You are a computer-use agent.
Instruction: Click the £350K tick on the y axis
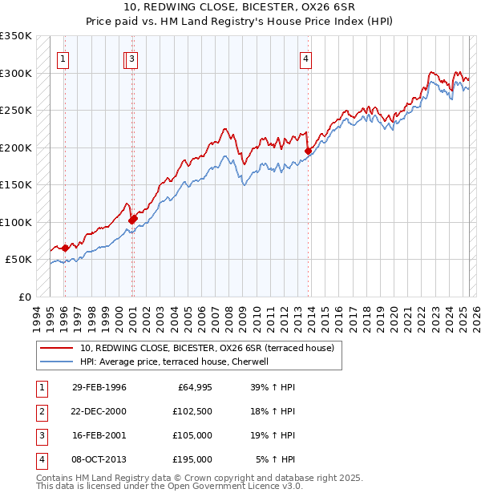pyautogui.click(x=16, y=36)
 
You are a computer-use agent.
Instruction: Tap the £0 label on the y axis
pyautogui.click(x=24, y=297)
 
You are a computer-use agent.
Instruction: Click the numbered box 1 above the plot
pyautogui.click(x=63, y=58)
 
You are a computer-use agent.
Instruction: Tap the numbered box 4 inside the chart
pyautogui.click(x=306, y=58)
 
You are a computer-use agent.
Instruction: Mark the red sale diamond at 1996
pyautogui.click(x=65, y=248)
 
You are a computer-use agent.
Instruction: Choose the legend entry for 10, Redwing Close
pyautogui.click(x=212, y=348)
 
